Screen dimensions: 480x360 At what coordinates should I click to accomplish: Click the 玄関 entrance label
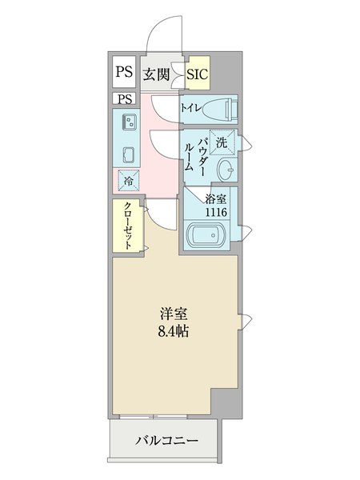coord(157,74)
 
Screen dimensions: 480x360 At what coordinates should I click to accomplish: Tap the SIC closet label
coord(197,74)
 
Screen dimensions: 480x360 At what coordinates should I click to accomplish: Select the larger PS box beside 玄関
coord(123,74)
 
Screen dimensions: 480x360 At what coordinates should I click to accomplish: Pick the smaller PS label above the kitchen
coord(124,99)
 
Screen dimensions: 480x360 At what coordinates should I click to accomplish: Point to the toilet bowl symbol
coord(219,108)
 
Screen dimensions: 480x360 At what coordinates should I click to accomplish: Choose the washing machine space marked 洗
coord(222,141)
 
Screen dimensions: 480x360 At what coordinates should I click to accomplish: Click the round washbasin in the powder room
coord(227,169)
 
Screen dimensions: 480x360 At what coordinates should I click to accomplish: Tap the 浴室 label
coord(215,198)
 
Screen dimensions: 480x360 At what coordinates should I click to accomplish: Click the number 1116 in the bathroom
coord(215,212)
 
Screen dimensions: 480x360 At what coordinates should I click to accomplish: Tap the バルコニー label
coord(166,440)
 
